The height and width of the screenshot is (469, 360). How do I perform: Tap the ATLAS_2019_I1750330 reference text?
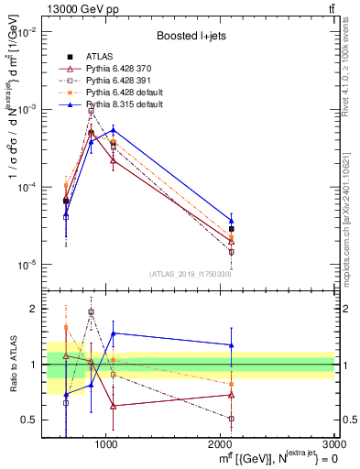(x=190, y=274)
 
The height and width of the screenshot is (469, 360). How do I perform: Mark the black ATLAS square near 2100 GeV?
(x=231, y=229)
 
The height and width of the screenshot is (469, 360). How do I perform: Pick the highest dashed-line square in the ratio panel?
(x=91, y=312)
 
